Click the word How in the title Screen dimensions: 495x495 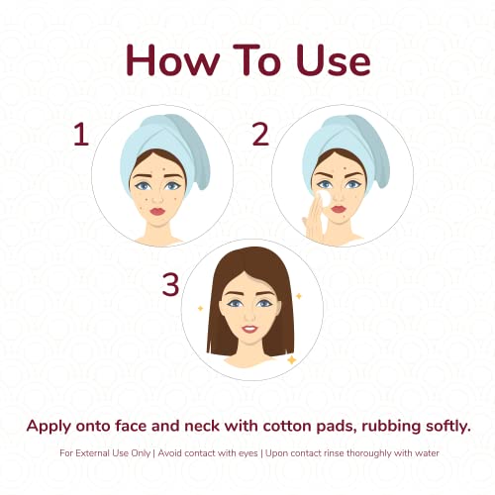coord(172,60)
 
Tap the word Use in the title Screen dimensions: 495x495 coord(334,60)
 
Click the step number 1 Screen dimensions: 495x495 coord(81,134)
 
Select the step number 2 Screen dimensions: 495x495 coord(260,134)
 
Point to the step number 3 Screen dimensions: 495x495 coord(170,284)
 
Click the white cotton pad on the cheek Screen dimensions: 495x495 coord(324,198)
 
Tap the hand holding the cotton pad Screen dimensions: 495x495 coord(315,220)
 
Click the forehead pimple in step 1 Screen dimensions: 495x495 coord(164,169)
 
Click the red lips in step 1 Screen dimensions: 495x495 coord(157,211)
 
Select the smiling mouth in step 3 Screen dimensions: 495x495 coord(249,329)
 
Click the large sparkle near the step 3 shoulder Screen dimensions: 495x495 coord(292,359)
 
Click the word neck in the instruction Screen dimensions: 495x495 coord(202,426)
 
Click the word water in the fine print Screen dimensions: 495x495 coord(427,453)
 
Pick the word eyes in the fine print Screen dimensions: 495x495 coord(247,454)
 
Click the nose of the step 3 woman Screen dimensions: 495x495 coord(249,315)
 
